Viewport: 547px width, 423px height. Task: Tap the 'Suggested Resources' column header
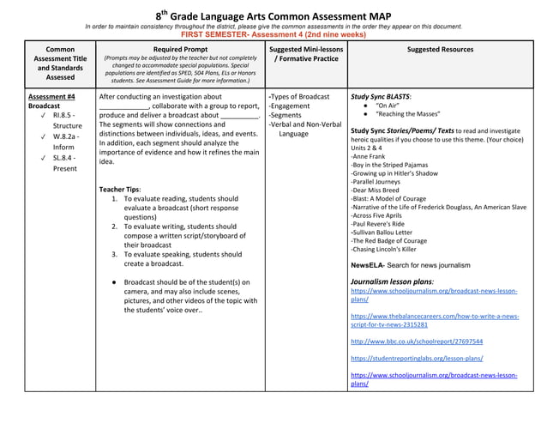[x=440, y=50]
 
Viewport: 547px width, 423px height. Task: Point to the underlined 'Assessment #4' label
[x=51, y=97]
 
